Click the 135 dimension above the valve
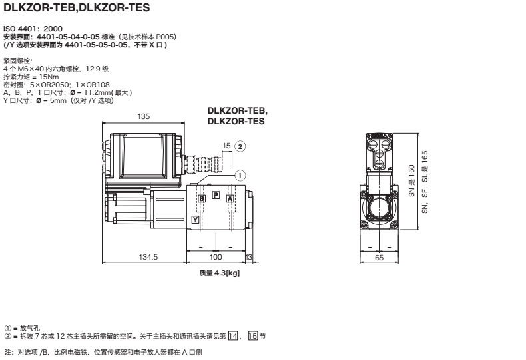pos(143,116)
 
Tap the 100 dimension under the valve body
pos(215,257)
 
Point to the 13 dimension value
pos(249,257)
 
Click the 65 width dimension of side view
pos(380,257)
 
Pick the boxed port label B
pos(202,198)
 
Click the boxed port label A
pos(230,198)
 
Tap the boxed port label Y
pos(195,219)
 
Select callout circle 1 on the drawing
pos(240,174)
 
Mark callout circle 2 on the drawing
pos(240,146)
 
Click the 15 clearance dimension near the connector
pos(226,145)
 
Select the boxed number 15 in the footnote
pos(252,335)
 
